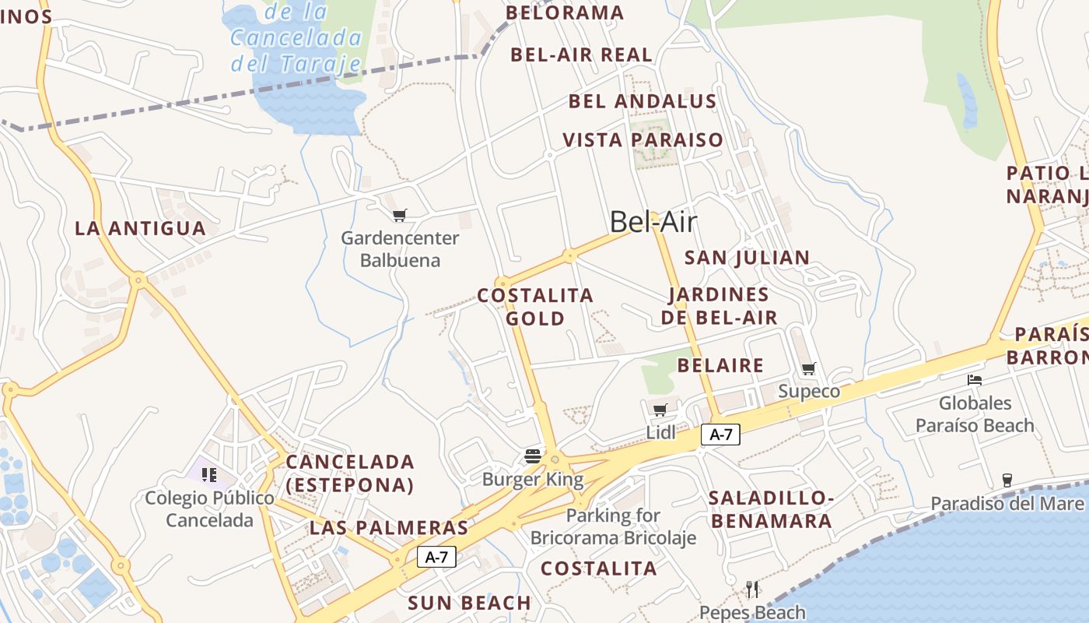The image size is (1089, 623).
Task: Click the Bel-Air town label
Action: tap(653, 222)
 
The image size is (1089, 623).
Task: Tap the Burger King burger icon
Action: tap(533, 456)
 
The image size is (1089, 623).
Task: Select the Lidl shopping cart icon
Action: tap(660, 410)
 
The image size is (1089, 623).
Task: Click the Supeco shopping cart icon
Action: tap(809, 368)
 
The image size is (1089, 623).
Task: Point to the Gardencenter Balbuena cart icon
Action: tap(400, 215)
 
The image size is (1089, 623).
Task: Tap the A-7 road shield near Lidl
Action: tap(720, 435)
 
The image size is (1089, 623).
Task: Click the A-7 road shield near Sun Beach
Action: tap(436, 557)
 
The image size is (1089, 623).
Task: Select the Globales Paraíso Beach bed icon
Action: tap(975, 380)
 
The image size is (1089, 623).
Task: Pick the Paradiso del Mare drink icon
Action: tap(1007, 480)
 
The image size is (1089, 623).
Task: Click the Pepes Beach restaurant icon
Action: tap(752, 589)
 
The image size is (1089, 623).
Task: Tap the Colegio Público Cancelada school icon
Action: tap(208, 474)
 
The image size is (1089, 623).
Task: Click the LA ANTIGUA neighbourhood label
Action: tap(140, 228)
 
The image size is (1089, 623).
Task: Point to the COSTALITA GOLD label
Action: tap(535, 307)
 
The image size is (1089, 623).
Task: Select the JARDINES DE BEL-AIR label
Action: tap(720, 306)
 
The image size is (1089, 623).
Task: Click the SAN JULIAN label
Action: tap(747, 257)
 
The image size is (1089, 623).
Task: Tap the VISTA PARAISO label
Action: tap(643, 140)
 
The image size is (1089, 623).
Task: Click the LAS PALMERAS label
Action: tap(389, 528)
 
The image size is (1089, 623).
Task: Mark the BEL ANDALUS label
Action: tap(643, 101)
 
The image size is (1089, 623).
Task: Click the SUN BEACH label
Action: tap(470, 603)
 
